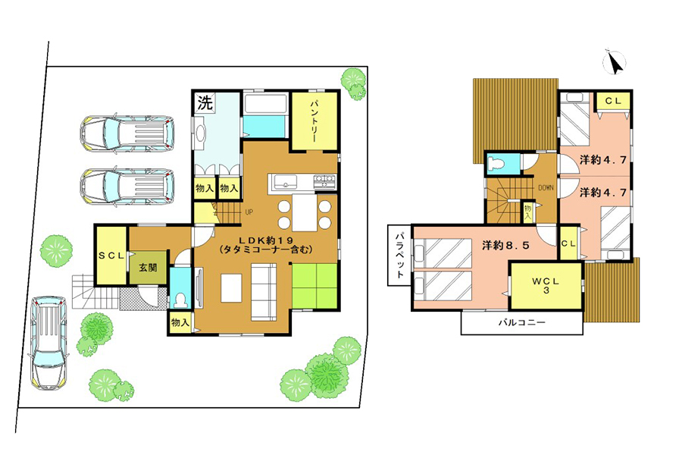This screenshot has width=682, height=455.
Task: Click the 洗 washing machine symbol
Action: [x=205, y=103]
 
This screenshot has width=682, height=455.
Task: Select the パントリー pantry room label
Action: [x=314, y=122]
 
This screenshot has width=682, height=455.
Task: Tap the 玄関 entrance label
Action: [x=148, y=267]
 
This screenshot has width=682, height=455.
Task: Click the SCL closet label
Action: [x=111, y=256]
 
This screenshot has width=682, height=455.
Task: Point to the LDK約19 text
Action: [x=266, y=240]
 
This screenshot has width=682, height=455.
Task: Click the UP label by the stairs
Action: [x=249, y=212]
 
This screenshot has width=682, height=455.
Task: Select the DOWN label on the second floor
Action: [x=546, y=187]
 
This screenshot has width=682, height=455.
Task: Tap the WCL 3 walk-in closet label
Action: [x=546, y=285]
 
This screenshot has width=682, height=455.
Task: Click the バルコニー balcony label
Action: [x=521, y=322]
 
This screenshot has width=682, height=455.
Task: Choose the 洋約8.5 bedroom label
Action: [x=506, y=245]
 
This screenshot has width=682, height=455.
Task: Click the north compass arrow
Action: [x=615, y=63]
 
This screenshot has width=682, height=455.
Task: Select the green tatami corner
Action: [x=314, y=285]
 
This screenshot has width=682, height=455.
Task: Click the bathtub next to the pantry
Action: [x=265, y=104]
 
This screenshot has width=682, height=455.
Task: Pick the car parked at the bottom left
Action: [x=48, y=342]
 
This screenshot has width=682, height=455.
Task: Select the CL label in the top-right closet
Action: [x=613, y=101]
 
